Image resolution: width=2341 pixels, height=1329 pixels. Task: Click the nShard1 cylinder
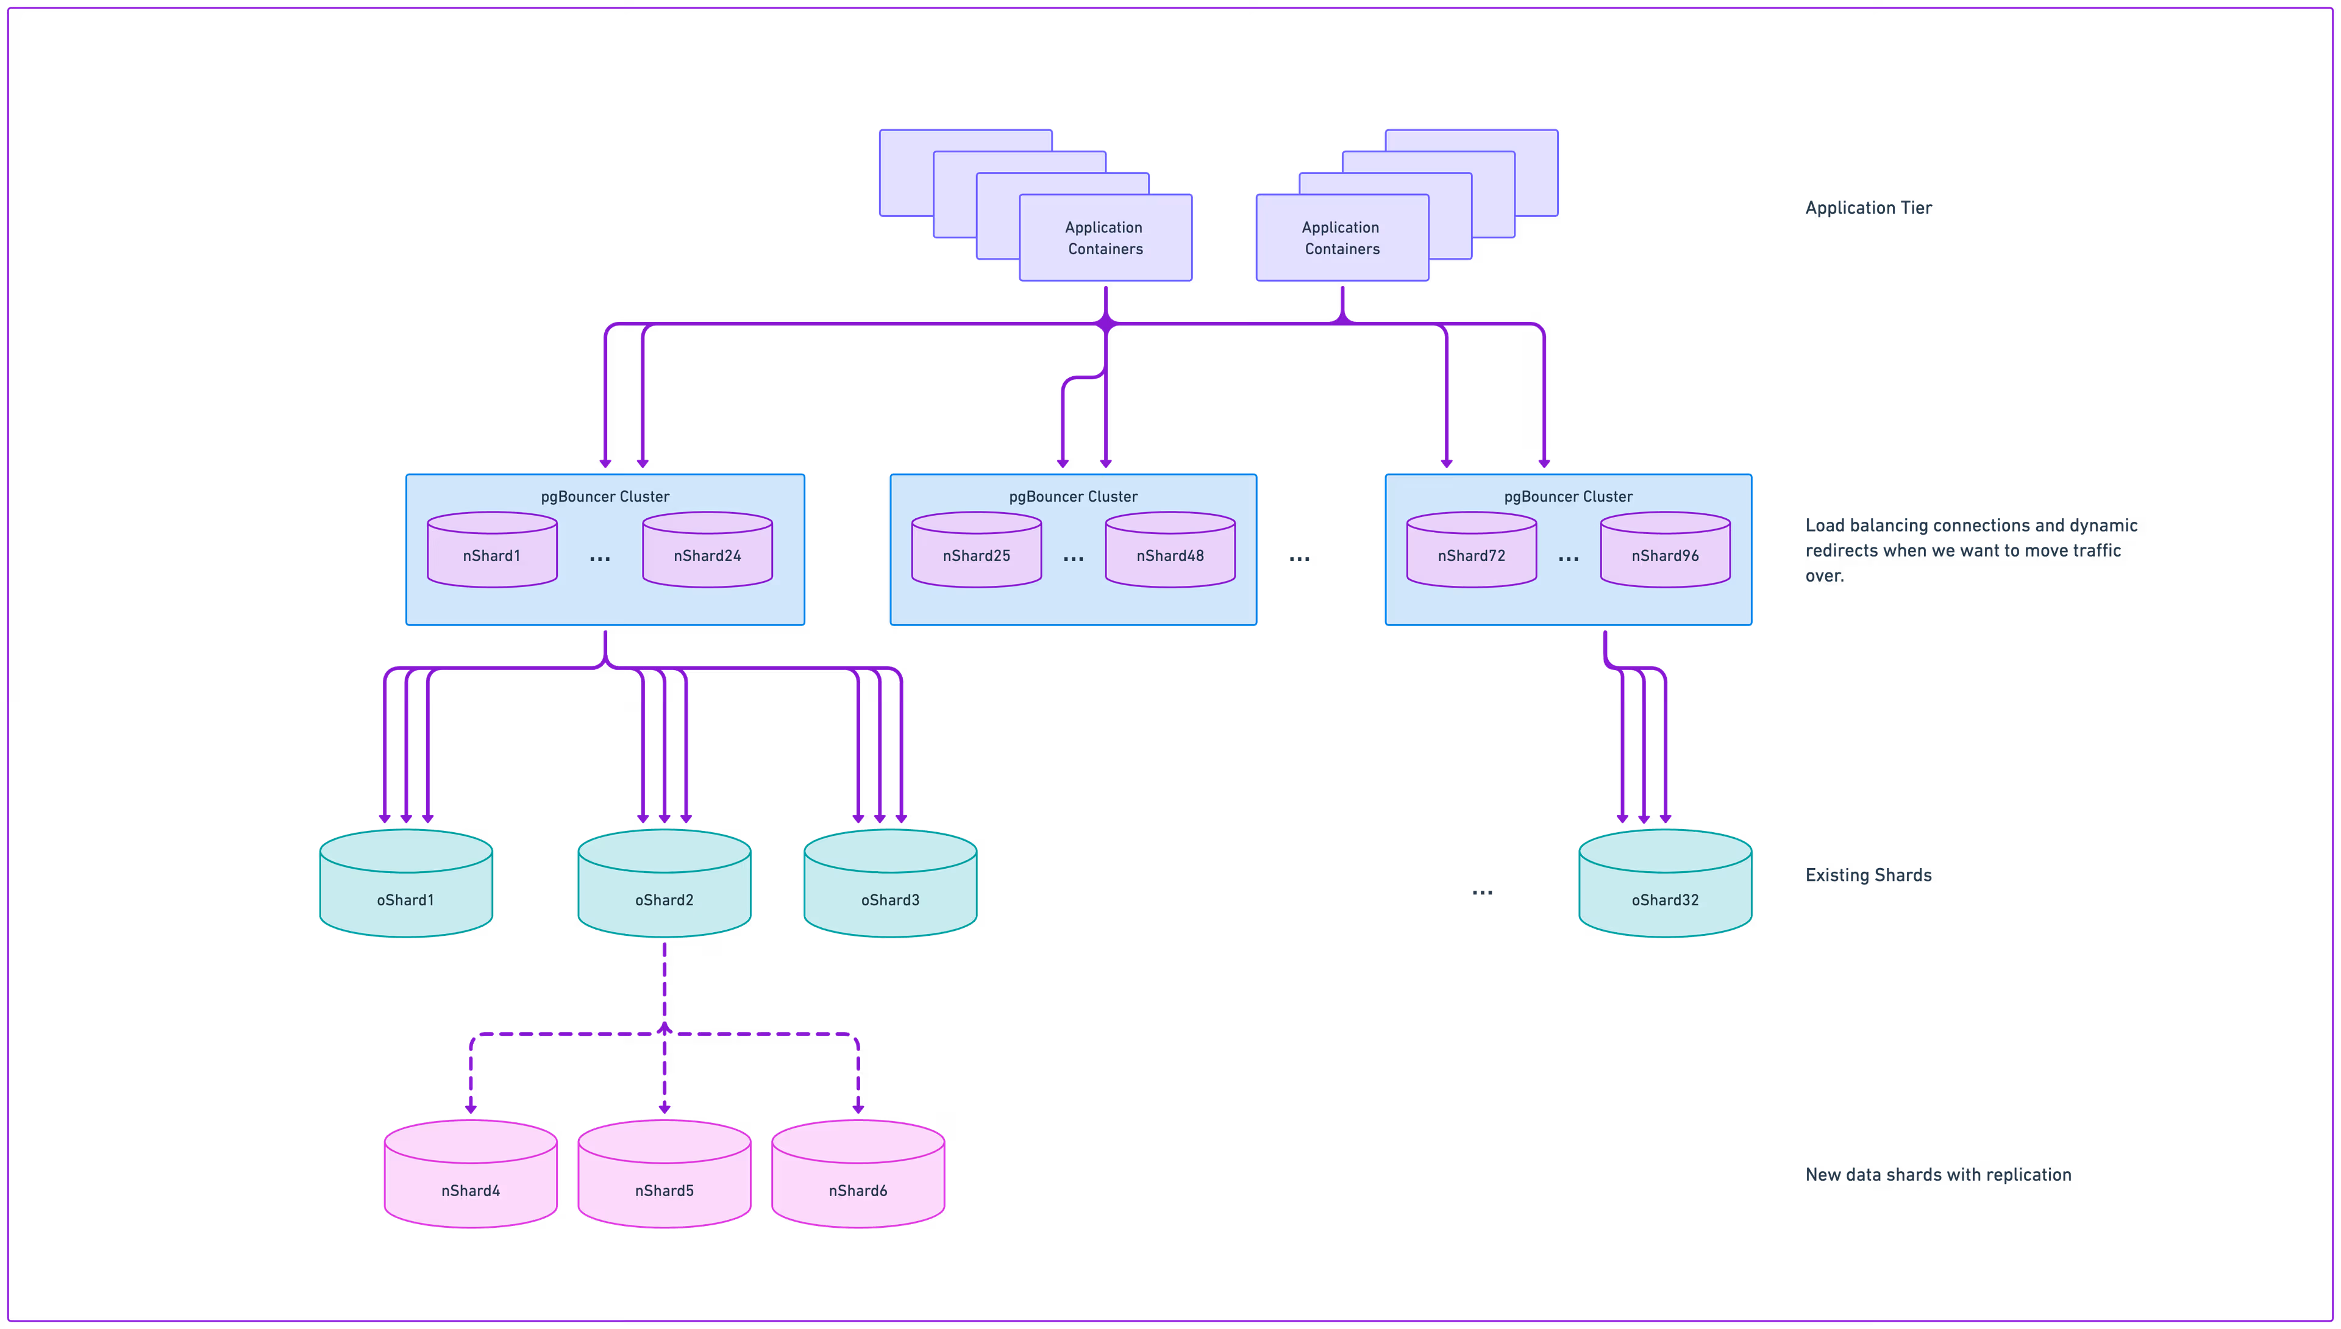tap(492, 550)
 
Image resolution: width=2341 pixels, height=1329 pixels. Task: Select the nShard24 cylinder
tap(707, 550)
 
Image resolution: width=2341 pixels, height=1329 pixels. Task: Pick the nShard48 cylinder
tap(1170, 550)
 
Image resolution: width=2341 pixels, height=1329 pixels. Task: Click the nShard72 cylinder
tap(1471, 550)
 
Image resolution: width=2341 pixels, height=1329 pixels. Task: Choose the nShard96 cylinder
tap(1665, 550)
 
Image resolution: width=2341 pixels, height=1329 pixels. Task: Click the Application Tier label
tap(1869, 208)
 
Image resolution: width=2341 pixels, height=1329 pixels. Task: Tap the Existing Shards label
tap(1869, 875)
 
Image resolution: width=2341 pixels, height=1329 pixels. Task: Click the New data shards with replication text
tap(1937, 1175)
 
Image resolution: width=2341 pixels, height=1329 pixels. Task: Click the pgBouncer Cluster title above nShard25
tap(1074, 497)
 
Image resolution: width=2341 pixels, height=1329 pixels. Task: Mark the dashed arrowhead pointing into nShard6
tap(858, 1108)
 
